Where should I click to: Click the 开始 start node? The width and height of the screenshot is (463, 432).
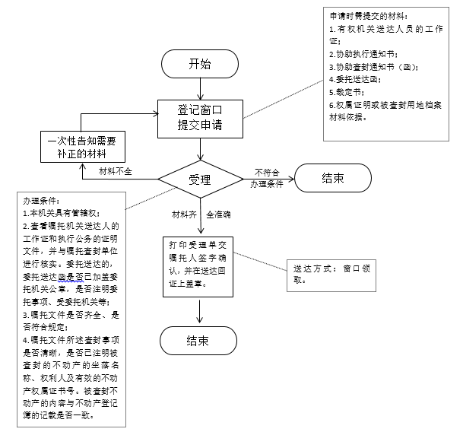pyautogui.click(x=200, y=65)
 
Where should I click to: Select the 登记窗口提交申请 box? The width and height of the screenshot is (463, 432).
pyautogui.click(x=200, y=118)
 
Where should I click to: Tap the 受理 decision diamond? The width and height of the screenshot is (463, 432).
pyautogui.click(x=200, y=179)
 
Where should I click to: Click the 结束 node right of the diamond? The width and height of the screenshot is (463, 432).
pyautogui.click(x=332, y=179)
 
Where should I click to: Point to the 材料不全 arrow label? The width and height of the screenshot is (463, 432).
pyautogui.click(x=116, y=171)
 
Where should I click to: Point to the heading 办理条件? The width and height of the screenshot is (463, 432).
pyautogui.click(x=40, y=202)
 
